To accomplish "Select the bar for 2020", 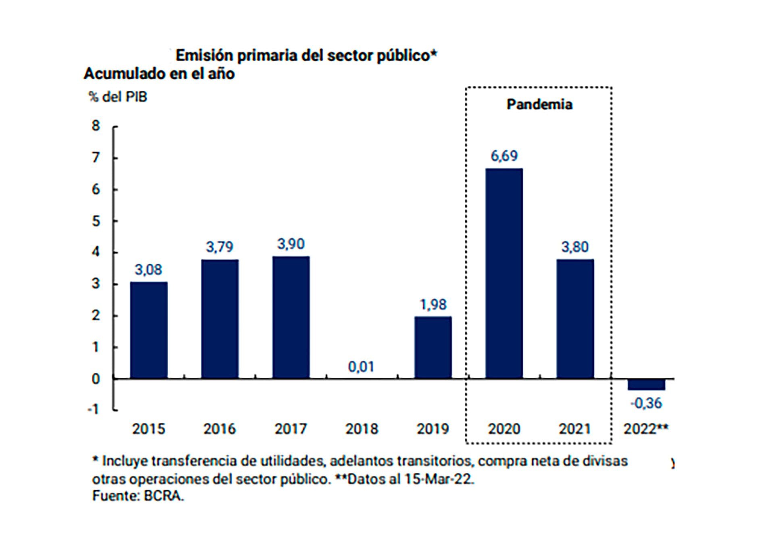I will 504,273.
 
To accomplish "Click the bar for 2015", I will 149,330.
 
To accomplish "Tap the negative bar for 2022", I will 646,384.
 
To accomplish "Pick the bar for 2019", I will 433,347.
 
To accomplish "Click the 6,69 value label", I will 504,156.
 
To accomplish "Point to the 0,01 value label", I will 361,367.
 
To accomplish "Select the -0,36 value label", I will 646,403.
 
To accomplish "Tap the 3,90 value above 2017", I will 291,244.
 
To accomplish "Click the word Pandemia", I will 539,104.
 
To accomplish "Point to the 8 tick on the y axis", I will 96,126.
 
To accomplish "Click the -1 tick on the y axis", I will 93,410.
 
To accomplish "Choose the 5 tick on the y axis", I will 96,221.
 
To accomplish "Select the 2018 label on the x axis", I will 362,429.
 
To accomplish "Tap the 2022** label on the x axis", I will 646,429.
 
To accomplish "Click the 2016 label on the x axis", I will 220,429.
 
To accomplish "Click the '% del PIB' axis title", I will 118,97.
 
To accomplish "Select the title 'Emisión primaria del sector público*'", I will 306,56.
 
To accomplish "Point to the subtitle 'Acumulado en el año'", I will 159,74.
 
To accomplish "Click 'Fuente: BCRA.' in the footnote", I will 138,496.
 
